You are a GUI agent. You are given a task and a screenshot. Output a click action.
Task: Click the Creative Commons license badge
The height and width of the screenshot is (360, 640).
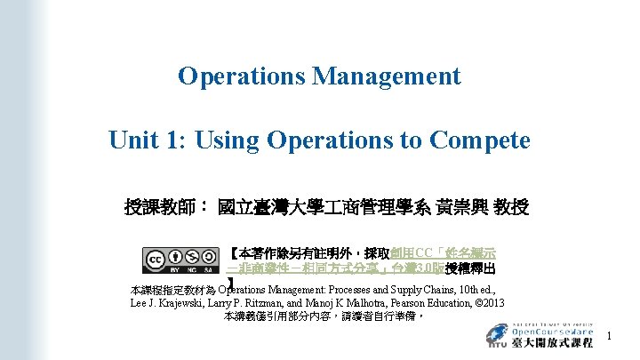coord(181,259)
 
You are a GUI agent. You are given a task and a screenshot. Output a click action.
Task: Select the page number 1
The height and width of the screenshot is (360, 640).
coord(610,335)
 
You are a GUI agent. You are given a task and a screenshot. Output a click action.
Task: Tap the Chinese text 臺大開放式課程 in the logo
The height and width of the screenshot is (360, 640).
coord(552,342)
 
